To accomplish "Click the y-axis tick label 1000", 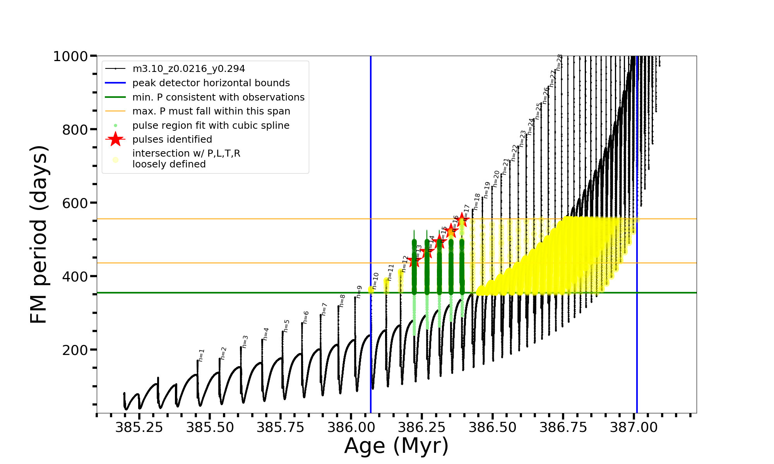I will point(70,56).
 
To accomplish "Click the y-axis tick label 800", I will point(75,130).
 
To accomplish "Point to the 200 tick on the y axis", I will point(75,350).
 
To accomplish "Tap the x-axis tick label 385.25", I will point(139,427).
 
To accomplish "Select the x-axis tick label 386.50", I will point(492,427).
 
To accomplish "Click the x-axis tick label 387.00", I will point(634,427).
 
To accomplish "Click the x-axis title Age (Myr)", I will point(396,446).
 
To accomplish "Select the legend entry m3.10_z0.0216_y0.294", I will point(188,69).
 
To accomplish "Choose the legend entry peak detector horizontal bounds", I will point(211,83).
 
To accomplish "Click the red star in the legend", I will point(115,139).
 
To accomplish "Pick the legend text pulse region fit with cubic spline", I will point(211,126).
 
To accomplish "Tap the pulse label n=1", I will point(201,355).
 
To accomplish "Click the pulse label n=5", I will point(286,326).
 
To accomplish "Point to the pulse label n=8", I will point(342,300).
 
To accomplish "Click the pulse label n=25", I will point(538,111).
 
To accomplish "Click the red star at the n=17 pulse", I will point(462,220).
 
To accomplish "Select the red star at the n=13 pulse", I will point(414,260).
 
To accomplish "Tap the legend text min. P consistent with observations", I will point(218,97).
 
